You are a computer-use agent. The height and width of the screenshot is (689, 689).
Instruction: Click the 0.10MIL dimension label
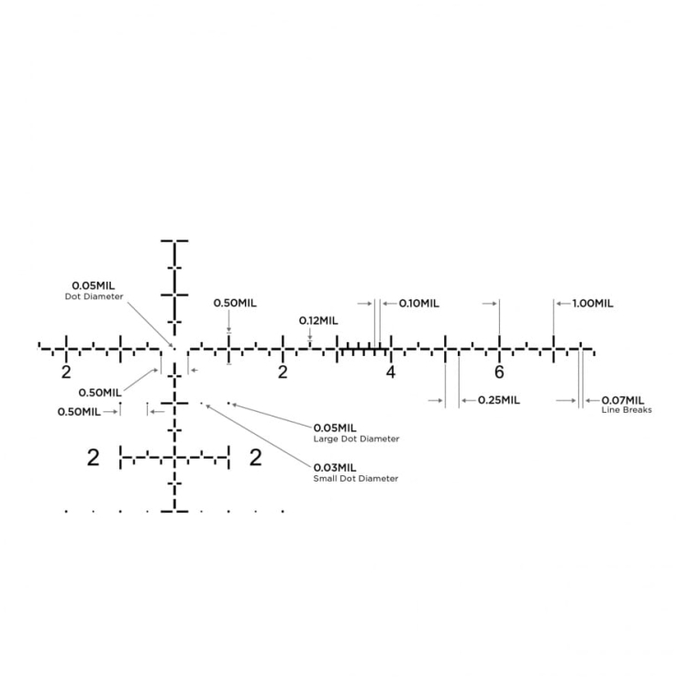pos(418,304)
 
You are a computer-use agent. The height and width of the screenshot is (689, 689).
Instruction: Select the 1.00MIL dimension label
pos(593,304)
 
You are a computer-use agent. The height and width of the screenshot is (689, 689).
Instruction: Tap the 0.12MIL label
pos(318,321)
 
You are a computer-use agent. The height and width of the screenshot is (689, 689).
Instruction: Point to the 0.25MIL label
pos(499,400)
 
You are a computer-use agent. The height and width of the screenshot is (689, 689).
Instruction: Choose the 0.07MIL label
pos(623,400)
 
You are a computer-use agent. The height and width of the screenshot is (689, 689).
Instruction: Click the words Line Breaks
pos(627,410)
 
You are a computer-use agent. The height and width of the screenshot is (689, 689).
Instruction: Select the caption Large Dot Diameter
pos(356,439)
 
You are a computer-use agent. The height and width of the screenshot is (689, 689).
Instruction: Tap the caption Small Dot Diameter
pos(356,479)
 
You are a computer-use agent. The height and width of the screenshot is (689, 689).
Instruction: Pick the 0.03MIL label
pos(335,468)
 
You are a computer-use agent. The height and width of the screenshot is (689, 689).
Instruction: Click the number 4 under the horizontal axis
pos(391,372)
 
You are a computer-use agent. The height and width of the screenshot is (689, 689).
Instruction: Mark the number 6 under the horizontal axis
pos(499,372)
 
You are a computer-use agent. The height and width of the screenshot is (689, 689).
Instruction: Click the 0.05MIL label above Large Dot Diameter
pos(335,428)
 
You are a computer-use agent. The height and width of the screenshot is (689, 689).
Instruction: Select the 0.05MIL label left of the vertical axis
pos(94,285)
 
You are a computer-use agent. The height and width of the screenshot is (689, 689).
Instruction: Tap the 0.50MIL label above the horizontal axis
pos(235,303)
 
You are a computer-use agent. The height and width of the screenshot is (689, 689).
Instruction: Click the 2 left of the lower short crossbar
pos(94,458)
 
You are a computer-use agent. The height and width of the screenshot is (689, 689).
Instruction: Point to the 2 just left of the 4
pos(283,372)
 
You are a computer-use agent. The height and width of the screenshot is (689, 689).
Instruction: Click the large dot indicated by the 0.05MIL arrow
pos(228,403)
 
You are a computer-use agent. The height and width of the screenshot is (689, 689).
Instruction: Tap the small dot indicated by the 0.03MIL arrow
pos(202,403)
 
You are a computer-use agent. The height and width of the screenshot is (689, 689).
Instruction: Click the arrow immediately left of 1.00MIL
pos(563,304)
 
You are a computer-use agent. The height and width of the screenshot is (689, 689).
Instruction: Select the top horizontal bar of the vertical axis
pos(174,240)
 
